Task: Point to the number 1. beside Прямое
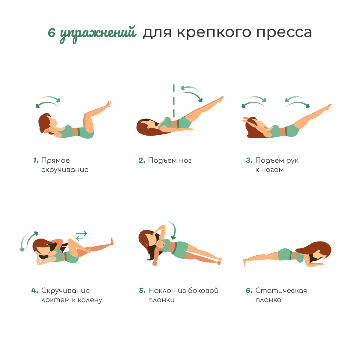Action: [36, 160]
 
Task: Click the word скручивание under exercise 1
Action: [65, 170]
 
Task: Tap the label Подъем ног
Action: [170, 160]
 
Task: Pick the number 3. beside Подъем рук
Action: [249, 160]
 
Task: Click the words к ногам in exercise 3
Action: [269, 170]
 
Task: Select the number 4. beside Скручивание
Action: [35, 291]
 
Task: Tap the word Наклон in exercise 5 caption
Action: [162, 291]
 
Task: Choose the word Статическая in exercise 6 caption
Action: [281, 291]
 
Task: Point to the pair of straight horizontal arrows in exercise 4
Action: [81, 236]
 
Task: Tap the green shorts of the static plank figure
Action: [285, 255]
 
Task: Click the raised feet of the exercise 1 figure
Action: [108, 104]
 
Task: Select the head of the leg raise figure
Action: [147, 126]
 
